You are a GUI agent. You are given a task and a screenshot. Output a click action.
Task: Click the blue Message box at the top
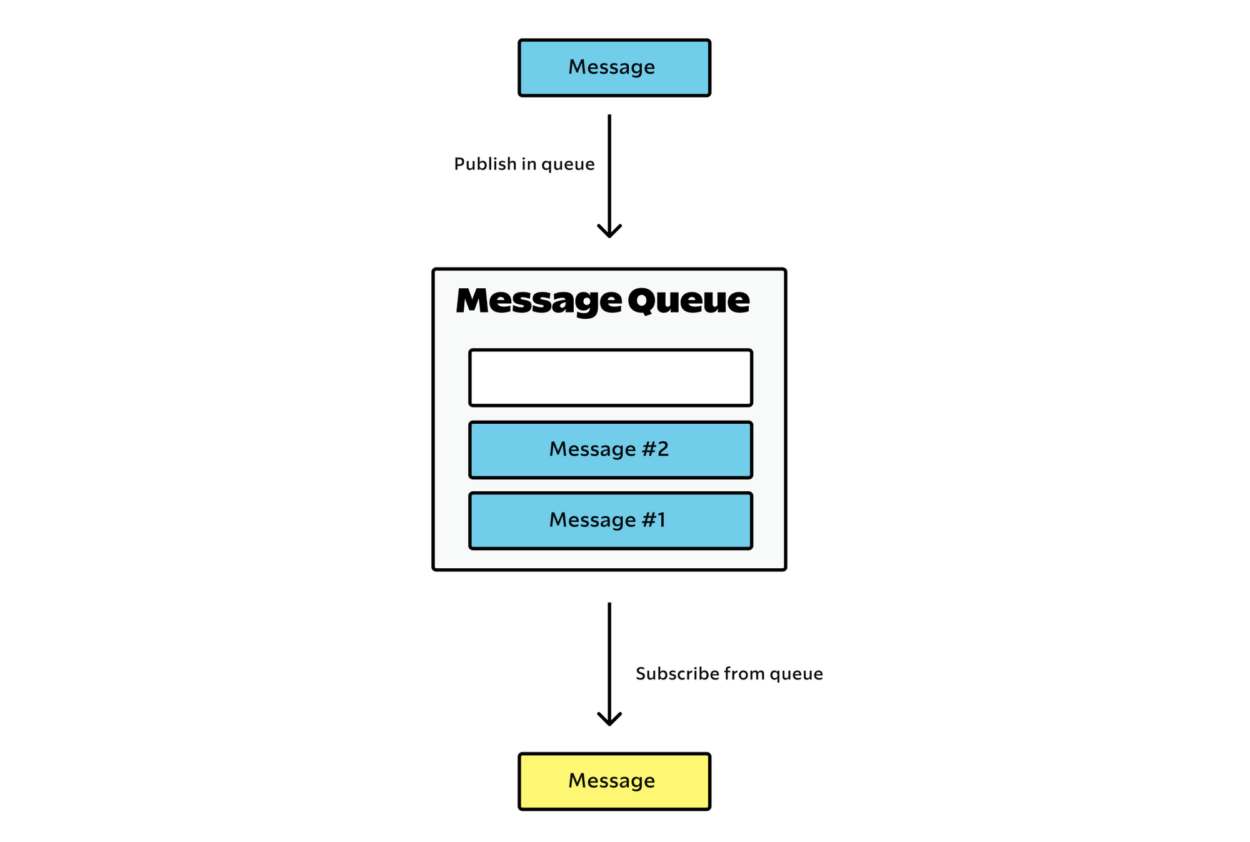pos(614,68)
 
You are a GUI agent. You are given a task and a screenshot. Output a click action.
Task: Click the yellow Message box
pos(614,781)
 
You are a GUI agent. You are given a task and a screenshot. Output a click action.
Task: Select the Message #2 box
pos(610,450)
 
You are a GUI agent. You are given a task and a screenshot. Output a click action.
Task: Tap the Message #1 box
pos(610,521)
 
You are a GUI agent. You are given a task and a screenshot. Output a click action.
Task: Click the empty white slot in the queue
pos(610,378)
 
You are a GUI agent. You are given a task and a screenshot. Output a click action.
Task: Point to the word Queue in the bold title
pos(688,301)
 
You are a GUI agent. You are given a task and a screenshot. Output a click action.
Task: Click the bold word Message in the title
pos(538,301)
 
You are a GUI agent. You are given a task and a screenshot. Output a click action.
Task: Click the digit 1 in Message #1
pos(661,520)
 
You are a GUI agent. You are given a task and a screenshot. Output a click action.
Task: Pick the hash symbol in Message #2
pos(647,449)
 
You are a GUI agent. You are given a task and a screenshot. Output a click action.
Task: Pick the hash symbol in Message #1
pos(647,520)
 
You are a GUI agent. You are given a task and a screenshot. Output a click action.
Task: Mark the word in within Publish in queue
pos(529,164)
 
